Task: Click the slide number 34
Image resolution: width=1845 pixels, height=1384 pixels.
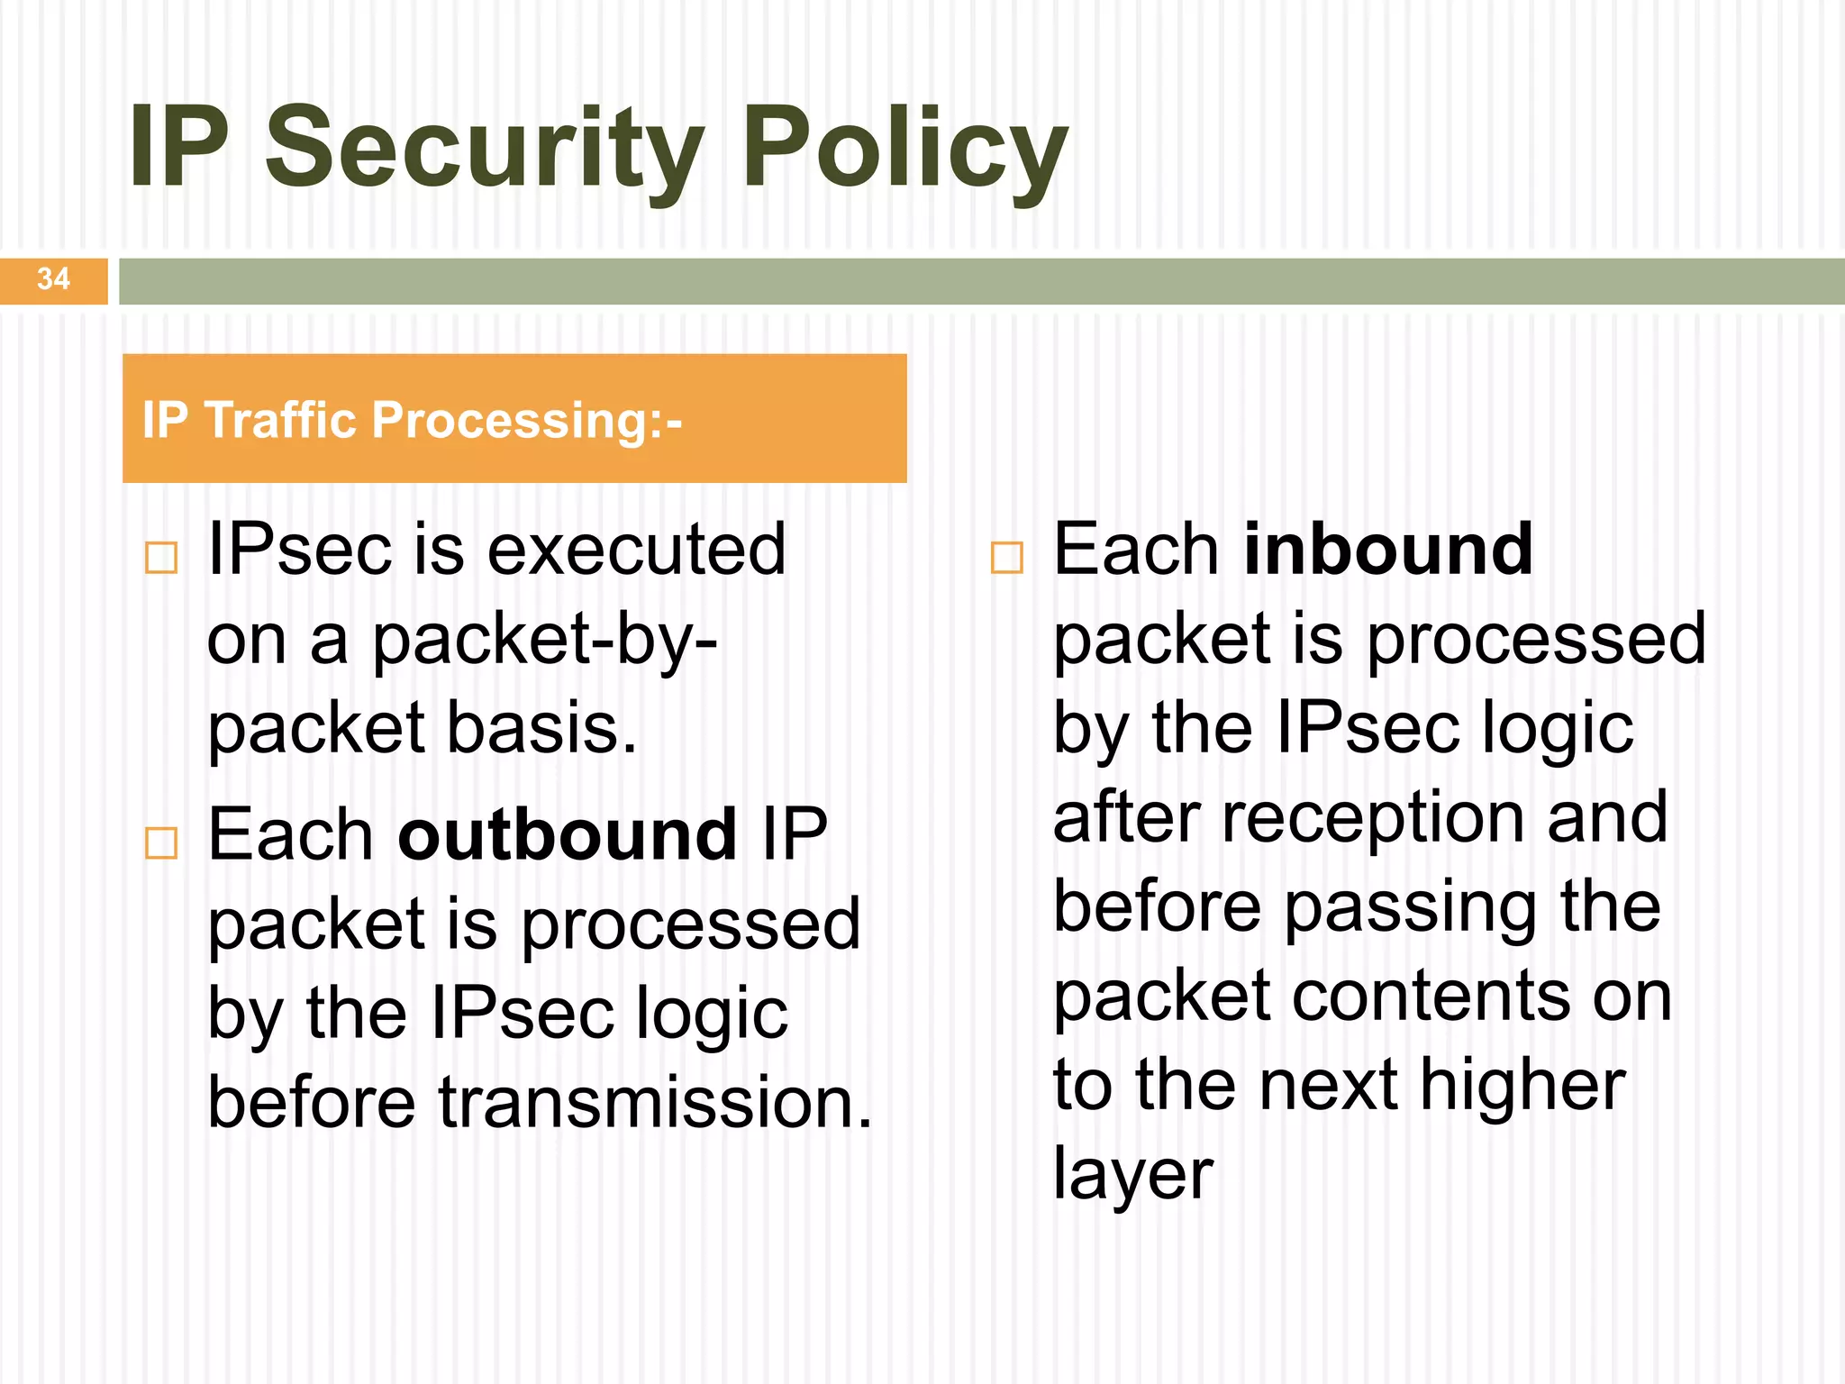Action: point(53,279)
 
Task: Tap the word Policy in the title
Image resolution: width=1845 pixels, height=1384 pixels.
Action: point(904,149)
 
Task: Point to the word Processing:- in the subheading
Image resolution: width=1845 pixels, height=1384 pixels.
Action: point(526,421)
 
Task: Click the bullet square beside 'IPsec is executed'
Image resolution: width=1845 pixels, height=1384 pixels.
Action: point(161,558)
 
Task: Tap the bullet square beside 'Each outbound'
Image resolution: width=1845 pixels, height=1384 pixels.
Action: point(161,843)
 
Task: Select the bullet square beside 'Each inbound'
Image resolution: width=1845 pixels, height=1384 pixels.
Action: point(1006,558)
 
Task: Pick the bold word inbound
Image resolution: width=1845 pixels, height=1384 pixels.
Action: point(1387,550)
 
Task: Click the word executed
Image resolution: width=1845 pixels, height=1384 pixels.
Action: point(637,550)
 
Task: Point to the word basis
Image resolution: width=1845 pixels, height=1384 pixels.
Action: point(541,728)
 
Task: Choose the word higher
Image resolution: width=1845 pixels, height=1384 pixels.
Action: point(1522,1086)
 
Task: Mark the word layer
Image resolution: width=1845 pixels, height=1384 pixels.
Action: point(1133,1175)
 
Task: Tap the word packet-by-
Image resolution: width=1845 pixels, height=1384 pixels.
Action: point(545,640)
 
